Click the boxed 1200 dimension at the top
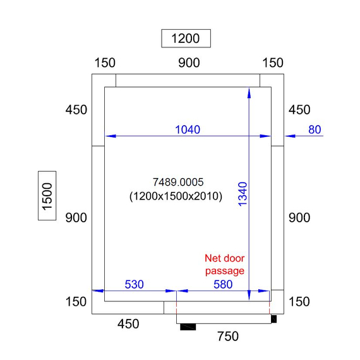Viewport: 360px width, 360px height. click(x=186, y=39)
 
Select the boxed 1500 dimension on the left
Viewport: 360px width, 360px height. click(x=47, y=196)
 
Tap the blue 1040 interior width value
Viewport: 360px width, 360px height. click(x=188, y=129)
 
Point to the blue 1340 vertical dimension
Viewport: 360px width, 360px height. click(x=243, y=194)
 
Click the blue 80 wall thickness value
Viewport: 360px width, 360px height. click(x=315, y=129)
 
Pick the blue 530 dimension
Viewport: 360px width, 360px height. click(x=134, y=284)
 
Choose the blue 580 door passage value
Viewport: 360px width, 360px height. click(x=223, y=284)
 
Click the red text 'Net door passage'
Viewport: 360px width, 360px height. click(x=225, y=265)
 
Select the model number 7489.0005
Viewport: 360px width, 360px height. click(x=178, y=183)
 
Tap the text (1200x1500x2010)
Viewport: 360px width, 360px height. click(x=176, y=196)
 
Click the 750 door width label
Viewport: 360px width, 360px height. click(x=228, y=337)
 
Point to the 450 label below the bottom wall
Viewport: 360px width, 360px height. click(x=128, y=324)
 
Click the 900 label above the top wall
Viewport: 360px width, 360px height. click(x=189, y=63)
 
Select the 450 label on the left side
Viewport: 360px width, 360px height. click(x=76, y=110)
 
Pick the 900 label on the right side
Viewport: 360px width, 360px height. click(x=299, y=218)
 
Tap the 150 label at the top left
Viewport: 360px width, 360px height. click(x=105, y=63)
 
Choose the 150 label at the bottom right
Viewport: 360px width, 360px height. click(x=299, y=301)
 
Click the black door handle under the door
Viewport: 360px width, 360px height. click(x=188, y=327)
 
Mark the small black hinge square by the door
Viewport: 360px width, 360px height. click(x=273, y=319)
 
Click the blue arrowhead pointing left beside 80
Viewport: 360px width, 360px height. click(x=290, y=136)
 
